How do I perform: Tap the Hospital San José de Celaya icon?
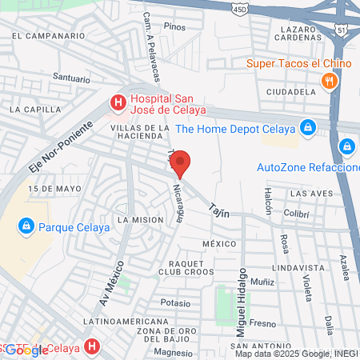(118, 102)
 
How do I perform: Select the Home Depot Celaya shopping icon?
(307, 127)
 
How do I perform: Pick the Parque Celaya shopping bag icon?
(26, 226)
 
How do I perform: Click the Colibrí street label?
(296, 214)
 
